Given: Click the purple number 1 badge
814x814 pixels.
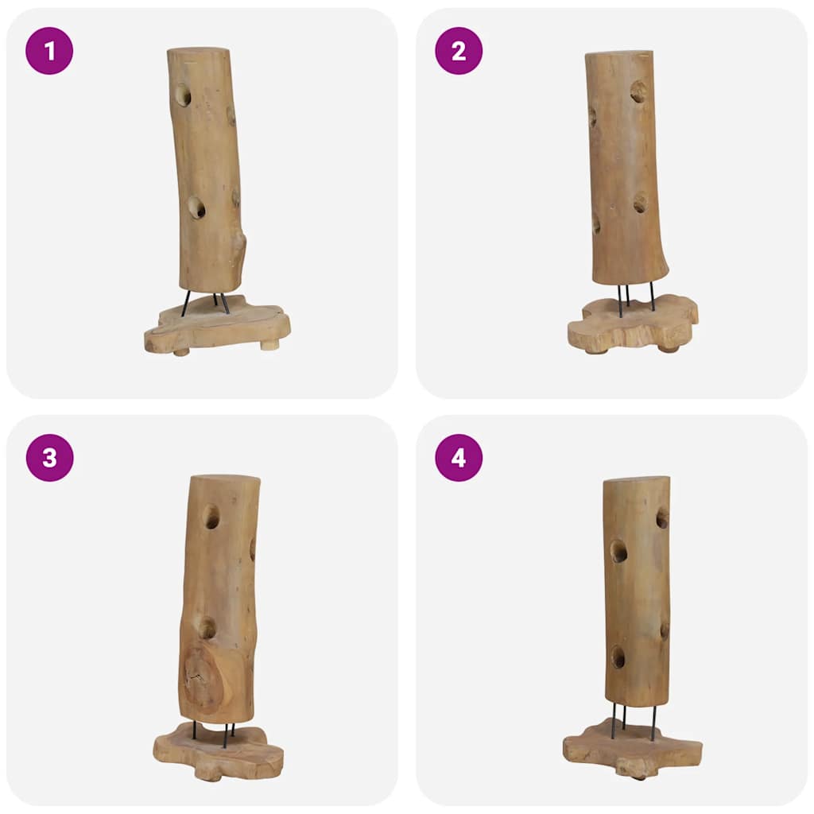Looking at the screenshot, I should [49, 51].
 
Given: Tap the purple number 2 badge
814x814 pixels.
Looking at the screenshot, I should [459, 51].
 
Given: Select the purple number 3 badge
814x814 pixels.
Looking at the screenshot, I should [49, 458].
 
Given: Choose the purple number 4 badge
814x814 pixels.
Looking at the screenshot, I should [459, 458].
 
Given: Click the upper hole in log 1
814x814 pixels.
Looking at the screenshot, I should [183, 95].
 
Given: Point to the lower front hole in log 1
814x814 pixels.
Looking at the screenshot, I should [196, 208].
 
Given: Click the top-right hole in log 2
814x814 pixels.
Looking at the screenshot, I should [638, 91].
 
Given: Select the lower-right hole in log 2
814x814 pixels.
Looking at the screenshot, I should [640, 203].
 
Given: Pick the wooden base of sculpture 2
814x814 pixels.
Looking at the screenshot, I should [633, 326].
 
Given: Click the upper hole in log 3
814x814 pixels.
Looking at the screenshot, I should [211, 517].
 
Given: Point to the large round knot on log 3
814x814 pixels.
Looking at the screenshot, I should [203, 676].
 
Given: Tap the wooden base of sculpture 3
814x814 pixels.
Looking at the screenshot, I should [219, 751].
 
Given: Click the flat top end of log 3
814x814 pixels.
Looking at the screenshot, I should [225, 479].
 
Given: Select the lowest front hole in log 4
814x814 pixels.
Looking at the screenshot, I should [618, 657].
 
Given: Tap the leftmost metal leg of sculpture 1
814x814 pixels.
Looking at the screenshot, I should [185, 304].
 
